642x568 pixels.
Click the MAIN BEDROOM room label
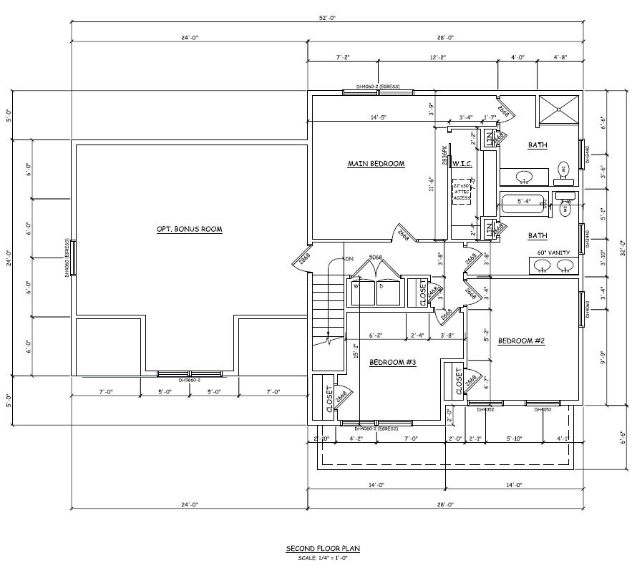tap(376, 164)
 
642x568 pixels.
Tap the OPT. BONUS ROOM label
tap(189, 230)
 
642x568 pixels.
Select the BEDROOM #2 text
tap(522, 341)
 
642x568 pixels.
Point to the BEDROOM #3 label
tap(392, 363)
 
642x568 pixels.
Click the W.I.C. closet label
tap(462, 164)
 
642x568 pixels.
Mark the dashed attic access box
tap(462, 193)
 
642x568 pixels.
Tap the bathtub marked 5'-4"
tap(525, 202)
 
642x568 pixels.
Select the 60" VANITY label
tap(553, 253)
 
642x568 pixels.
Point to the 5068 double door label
tap(374, 257)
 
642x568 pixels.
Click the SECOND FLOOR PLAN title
tap(323, 549)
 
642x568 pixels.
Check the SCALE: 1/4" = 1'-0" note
tap(323, 557)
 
